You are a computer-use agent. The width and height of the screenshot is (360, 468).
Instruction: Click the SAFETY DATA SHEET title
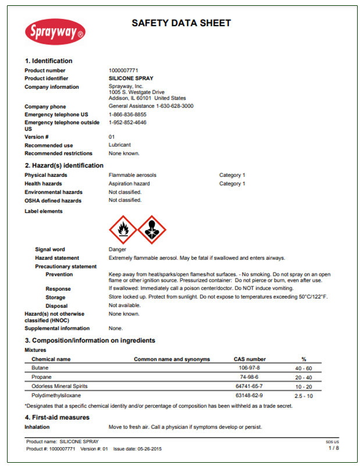tap(181, 23)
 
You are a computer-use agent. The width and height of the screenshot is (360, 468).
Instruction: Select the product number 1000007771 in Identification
tap(123, 70)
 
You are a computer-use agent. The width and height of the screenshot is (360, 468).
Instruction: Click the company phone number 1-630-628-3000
tap(174, 107)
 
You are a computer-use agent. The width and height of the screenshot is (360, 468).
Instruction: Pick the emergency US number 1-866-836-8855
tap(128, 115)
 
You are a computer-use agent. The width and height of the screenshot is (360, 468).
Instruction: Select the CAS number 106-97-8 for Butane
tap(249, 368)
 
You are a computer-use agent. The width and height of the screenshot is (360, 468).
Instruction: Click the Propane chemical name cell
tap(41, 377)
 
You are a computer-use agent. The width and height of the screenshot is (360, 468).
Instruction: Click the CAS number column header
tap(249, 359)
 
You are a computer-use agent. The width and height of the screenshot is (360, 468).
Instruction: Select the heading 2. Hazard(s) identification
tap(64, 166)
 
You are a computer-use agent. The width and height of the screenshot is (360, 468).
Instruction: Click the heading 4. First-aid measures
tap(57, 417)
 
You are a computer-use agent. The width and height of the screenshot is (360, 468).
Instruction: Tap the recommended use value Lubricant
tap(120, 145)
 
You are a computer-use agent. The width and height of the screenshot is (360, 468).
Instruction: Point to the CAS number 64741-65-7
tap(249, 386)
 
